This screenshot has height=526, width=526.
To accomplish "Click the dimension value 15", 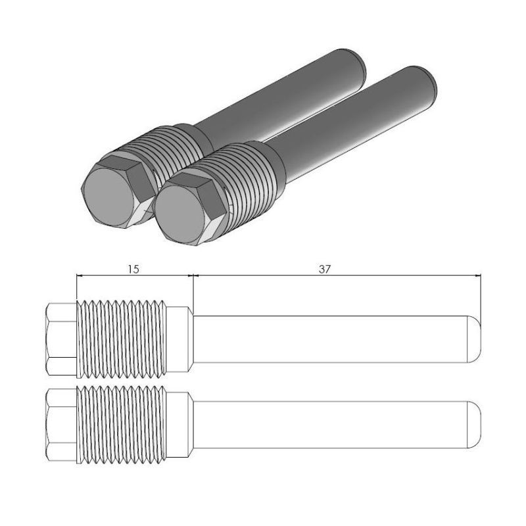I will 134,270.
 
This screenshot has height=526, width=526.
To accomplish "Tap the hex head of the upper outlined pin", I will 62,339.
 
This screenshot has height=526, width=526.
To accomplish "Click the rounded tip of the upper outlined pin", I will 475,339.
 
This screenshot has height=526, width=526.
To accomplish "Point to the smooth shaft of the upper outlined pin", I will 329,339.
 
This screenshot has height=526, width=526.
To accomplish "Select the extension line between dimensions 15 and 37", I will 192,289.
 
